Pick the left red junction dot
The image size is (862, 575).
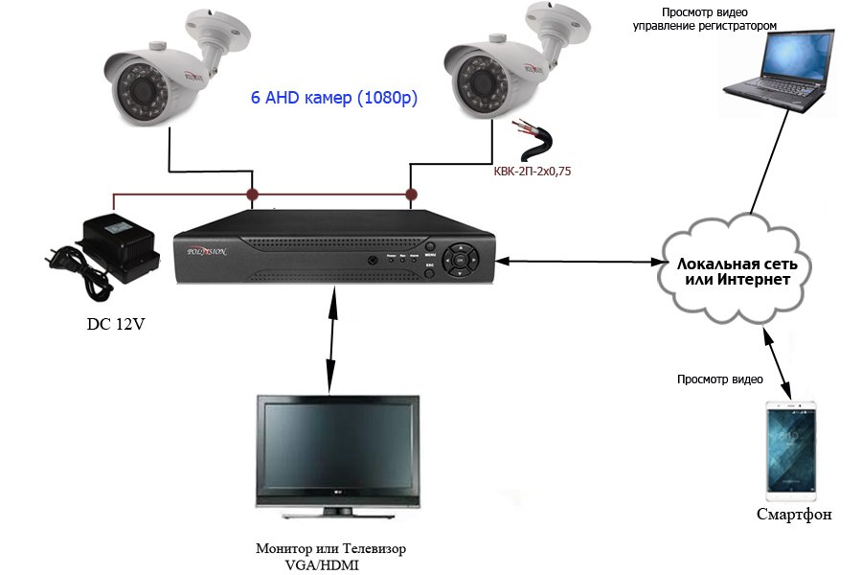click(253, 195)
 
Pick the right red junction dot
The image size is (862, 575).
click(412, 195)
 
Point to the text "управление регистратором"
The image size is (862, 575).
click(717, 27)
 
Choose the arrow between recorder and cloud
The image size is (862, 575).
click(580, 261)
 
